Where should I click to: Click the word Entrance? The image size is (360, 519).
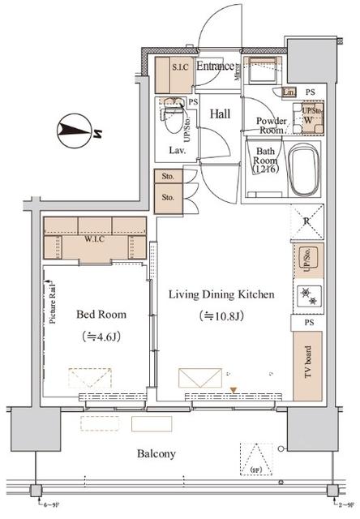pyautogui.click(x=215, y=66)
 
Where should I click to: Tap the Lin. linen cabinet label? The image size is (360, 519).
pyautogui.click(x=289, y=92)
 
